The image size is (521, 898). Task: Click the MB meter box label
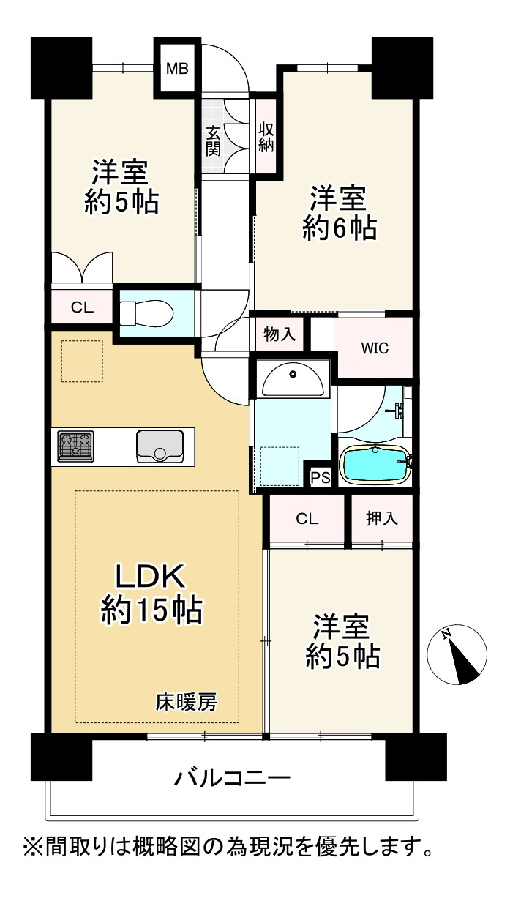[177, 69]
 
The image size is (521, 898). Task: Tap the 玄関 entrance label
[213, 141]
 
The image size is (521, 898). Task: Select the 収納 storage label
[266, 137]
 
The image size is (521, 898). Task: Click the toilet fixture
[146, 313]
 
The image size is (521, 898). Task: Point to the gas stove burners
[75, 446]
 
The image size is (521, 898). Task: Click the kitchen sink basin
[160, 446]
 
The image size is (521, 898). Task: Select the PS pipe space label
[321, 477]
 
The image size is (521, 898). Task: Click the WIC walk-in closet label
[375, 348]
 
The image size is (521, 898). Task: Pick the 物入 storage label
[280, 334]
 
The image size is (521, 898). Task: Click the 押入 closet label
[381, 518]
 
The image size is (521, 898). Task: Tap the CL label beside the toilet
[82, 307]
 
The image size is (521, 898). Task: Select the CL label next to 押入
[307, 519]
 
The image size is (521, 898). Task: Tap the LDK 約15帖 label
[151, 594]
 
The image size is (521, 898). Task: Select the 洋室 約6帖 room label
[340, 213]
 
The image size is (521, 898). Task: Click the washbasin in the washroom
[293, 380]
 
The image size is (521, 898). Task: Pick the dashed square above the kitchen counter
[82, 362]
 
